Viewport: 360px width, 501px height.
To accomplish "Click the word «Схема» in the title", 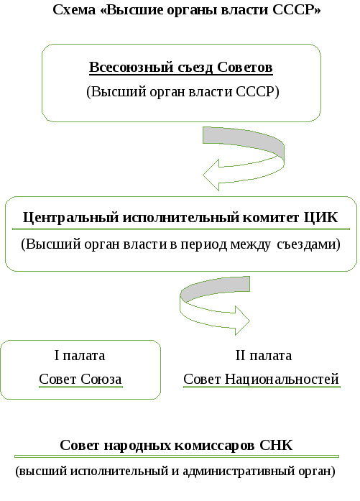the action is click(x=74, y=9).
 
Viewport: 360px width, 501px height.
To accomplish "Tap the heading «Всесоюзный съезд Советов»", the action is click(x=181, y=68).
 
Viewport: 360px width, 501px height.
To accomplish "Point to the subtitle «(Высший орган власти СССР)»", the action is click(x=183, y=92).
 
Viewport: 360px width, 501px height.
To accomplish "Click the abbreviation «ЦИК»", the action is click(x=320, y=218).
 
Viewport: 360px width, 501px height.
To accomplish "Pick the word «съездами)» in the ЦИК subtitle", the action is click(x=308, y=244).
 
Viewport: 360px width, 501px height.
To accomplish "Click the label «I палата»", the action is click(x=80, y=355).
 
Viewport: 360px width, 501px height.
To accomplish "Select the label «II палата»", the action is click(x=264, y=355).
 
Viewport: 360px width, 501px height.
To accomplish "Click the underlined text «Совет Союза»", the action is click(x=80, y=380).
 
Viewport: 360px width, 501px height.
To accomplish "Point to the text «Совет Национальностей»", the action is click(x=262, y=380).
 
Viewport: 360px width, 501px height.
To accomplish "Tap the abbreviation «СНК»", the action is click(x=276, y=445).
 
